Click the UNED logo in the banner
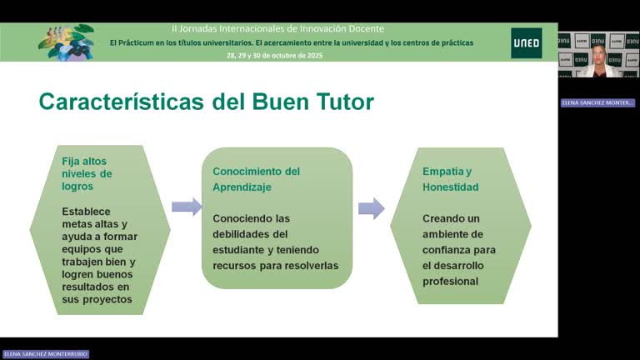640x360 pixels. point(526,42)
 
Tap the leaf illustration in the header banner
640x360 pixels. point(67,41)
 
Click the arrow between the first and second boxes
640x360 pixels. point(186,207)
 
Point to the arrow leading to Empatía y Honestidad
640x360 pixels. point(372,207)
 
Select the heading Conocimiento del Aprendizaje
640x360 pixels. point(256,179)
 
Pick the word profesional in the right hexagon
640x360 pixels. point(451,281)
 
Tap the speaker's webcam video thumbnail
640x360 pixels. point(597,55)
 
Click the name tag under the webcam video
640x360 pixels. point(597,102)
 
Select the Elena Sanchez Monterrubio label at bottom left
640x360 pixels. point(45,354)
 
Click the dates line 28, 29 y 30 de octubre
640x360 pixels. point(274,55)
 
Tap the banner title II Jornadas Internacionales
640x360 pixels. point(278,28)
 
